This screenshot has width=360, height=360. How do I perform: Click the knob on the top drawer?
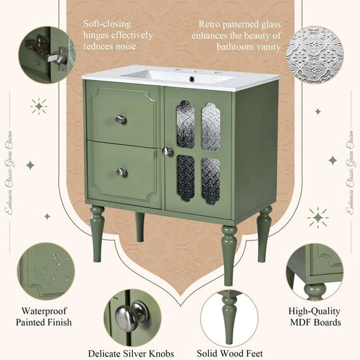(x=121, y=120)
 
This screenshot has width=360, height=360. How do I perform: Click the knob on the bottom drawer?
(x=122, y=172)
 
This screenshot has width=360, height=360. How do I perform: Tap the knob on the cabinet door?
(x=167, y=151)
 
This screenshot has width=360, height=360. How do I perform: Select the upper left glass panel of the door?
(x=184, y=124)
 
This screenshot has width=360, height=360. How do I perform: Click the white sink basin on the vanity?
(x=179, y=75)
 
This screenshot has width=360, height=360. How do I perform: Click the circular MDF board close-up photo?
(x=314, y=271)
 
